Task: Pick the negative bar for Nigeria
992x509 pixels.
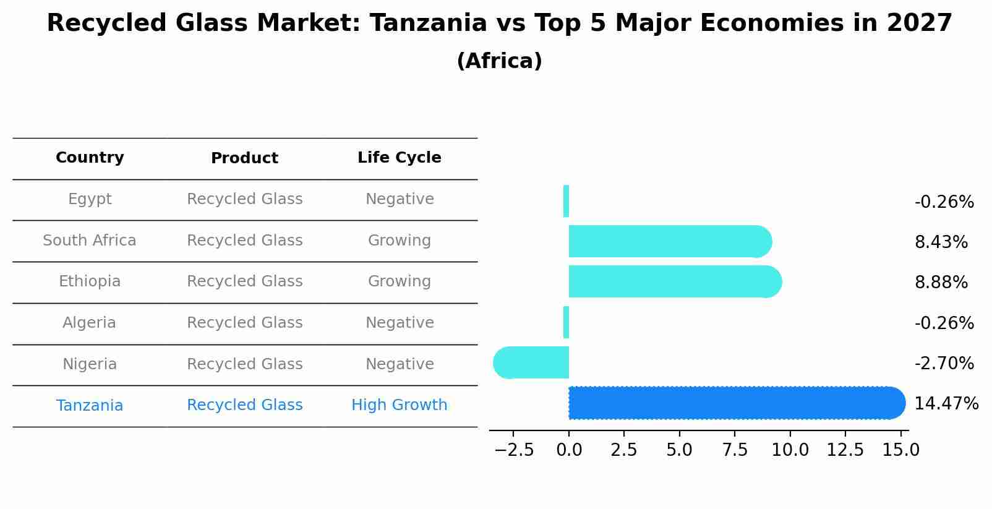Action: pyautogui.click(x=531, y=362)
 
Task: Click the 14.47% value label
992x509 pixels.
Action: pyautogui.click(x=946, y=404)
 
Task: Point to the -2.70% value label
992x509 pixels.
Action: pyautogui.click(x=944, y=364)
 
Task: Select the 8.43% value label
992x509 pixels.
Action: pyautogui.click(x=941, y=242)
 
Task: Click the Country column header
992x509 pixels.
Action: pyautogui.click(x=90, y=158)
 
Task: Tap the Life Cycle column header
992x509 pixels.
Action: pyautogui.click(x=399, y=158)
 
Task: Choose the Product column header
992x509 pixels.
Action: pyautogui.click(x=244, y=158)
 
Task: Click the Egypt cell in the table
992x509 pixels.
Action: pyautogui.click(x=90, y=199)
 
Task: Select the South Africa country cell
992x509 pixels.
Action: pyautogui.click(x=90, y=241)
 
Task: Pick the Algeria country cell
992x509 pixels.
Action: pyautogui.click(x=90, y=323)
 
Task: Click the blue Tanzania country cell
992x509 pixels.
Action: pyautogui.click(x=90, y=406)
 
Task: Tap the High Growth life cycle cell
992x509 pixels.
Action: pyautogui.click(x=399, y=405)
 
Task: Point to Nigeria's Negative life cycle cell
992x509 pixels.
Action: pyautogui.click(x=399, y=364)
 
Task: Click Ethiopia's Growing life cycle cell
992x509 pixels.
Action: pyautogui.click(x=399, y=281)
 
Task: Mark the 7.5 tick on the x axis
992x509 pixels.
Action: pyautogui.click(x=735, y=450)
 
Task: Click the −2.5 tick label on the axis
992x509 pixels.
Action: pyautogui.click(x=513, y=450)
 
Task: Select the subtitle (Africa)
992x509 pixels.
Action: pyautogui.click(x=499, y=61)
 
